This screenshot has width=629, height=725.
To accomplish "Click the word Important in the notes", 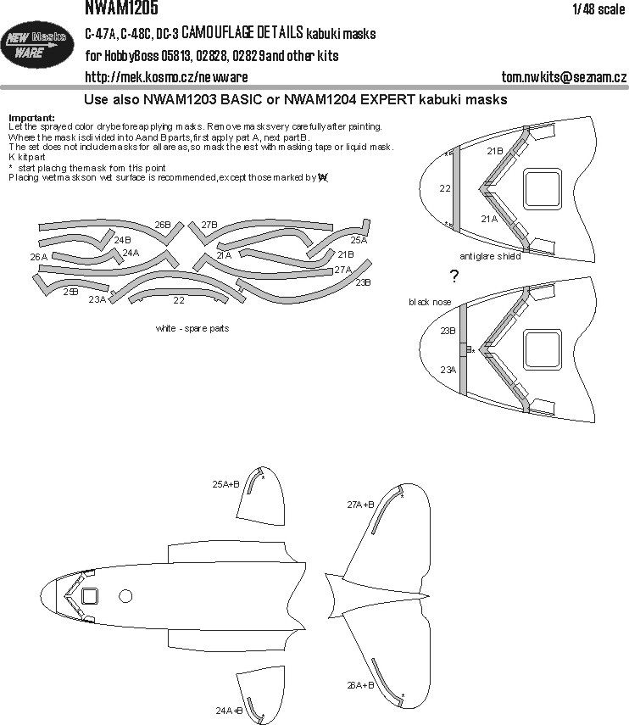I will click(x=30, y=117).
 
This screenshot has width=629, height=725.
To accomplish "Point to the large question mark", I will click(x=454, y=276).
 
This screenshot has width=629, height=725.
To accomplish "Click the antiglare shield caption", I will click(x=489, y=256).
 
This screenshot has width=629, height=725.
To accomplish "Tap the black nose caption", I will click(x=430, y=303).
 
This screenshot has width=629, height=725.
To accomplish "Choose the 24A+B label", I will click(x=228, y=709).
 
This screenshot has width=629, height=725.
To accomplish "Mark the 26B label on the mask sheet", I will click(x=163, y=225).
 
